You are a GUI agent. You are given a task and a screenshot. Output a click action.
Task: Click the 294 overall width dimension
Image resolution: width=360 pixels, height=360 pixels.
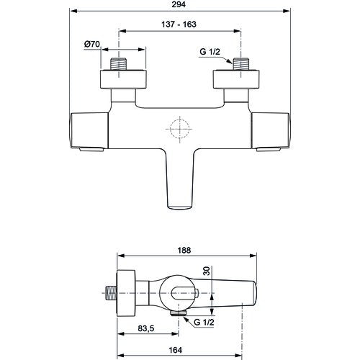179,4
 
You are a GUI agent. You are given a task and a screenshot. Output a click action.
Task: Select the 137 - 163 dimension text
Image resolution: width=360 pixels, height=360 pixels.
179,24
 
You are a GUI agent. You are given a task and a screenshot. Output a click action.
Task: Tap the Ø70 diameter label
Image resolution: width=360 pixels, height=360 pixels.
92,44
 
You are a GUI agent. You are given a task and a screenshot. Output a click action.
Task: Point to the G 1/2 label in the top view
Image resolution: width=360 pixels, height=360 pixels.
210,52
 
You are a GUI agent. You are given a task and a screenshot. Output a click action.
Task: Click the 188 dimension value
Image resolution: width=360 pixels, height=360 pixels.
184,251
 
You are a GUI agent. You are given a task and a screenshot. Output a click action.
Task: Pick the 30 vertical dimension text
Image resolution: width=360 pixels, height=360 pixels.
207,271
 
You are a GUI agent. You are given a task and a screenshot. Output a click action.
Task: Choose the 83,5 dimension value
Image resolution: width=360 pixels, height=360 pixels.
146,328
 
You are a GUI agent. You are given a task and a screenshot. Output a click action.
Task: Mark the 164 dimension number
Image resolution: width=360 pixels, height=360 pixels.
176,350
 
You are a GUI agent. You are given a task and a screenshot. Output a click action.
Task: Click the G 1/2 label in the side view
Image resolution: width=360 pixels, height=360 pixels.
204,322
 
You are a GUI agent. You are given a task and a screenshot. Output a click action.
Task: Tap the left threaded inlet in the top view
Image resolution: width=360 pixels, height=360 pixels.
119,64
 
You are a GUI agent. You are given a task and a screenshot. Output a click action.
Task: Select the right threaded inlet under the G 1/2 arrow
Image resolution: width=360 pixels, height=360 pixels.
241,64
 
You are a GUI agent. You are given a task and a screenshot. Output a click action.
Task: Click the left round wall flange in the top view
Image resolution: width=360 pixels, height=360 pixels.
123,79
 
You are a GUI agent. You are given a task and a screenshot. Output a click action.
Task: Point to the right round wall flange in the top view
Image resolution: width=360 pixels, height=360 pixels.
236,79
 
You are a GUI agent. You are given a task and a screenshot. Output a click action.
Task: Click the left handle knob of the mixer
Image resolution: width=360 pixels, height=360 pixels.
89,131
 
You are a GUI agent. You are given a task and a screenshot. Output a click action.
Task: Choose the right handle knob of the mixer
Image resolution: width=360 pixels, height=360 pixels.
271,131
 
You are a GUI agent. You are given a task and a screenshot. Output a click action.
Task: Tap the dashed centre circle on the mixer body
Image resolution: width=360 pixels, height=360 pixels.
180,129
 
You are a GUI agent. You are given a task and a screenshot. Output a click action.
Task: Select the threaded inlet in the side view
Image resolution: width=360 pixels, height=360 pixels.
111,293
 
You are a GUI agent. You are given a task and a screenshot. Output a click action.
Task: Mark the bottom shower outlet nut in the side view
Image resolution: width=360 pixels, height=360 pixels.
178,313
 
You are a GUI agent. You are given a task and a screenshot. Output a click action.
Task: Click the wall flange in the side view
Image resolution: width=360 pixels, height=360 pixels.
126,293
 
